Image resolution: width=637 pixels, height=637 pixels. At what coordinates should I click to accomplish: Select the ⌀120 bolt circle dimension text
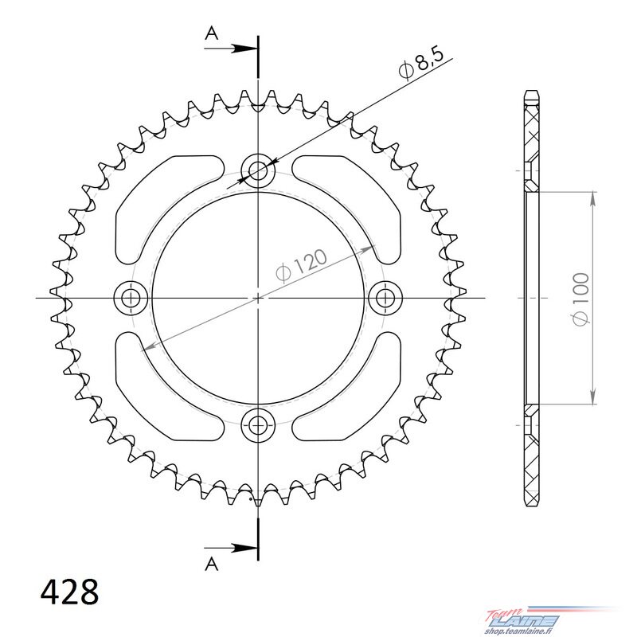pyautogui.click(x=301, y=265)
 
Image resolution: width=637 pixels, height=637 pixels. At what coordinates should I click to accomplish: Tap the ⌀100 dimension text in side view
pyautogui.click(x=581, y=299)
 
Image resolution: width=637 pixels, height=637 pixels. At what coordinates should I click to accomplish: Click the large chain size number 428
pyautogui.click(x=69, y=592)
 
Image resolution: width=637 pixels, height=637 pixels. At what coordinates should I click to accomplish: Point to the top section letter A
pyautogui.click(x=212, y=33)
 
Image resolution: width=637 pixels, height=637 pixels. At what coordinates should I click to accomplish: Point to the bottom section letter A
pyautogui.click(x=212, y=564)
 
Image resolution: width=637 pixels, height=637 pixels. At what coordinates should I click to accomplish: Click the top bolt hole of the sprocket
pyautogui.click(x=258, y=170)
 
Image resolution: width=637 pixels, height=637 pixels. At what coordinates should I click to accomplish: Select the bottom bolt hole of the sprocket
pyautogui.click(x=258, y=426)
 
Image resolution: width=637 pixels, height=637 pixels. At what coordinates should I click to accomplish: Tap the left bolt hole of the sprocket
pyautogui.click(x=131, y=299)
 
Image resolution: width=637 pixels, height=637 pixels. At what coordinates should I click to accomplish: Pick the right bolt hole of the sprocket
pyautogui.click(x=385, y=299)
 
